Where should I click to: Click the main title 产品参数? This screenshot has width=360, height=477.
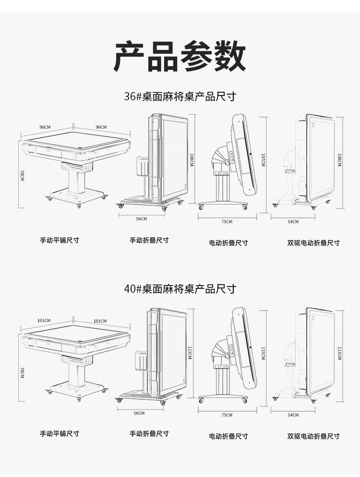click(x=180, y=57)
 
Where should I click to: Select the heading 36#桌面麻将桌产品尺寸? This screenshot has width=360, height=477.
click(x=180, y=96)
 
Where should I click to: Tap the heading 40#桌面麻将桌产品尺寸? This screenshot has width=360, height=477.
click(x=180, y=289)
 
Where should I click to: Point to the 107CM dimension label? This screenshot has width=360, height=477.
click(x=263, y=160)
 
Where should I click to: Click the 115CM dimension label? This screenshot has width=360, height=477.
click(x=263, y=354)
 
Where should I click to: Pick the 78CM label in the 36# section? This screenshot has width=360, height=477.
click(x=22, y=175)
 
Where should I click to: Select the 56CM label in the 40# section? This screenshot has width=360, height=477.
click(x=139, y=413)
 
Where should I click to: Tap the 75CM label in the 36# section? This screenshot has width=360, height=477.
click(x=227, y=222)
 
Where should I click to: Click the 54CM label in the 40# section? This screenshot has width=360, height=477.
click(x=293, y=415)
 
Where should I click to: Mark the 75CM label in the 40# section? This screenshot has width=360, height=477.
click(x=227, y=415)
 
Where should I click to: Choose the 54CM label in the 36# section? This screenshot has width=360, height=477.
click(x=293, y=222)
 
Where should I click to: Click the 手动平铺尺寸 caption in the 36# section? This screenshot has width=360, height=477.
click(x=60, y=240)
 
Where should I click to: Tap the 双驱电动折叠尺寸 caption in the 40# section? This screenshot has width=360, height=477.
click(x=313, y=436)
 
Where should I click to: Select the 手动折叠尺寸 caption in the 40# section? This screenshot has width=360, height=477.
click(x=149, y=434)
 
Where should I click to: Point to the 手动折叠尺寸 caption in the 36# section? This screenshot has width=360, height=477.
click(x=149, y=240)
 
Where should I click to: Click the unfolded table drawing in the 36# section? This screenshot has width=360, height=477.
click(x=76, y=166)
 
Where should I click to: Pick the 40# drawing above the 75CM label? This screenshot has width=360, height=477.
click(x=228, y=355)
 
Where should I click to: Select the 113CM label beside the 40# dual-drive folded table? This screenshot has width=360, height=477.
click(x=339, y=354)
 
